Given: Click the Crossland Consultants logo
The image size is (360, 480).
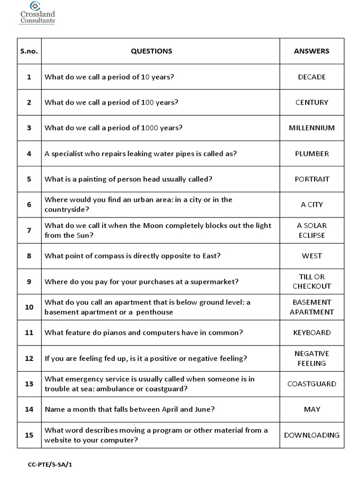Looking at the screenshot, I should coord(37,13).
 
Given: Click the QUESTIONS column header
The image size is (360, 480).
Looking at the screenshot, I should coord(151,51).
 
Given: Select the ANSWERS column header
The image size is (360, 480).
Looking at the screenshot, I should coord(312,51).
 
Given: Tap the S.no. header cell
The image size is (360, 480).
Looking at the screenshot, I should coord(29,51).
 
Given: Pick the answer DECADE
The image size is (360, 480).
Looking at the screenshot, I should coord(312,77).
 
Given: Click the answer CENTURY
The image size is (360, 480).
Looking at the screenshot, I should coord(312,102).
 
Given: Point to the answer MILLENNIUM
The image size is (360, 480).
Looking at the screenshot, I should coord(312,128).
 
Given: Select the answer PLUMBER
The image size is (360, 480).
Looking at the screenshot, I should coord(312,153).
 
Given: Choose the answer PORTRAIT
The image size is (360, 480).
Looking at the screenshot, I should coord(312,179).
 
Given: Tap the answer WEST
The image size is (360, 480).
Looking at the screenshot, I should coord(312,256).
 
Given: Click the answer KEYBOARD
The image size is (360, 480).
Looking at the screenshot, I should coord(312,333).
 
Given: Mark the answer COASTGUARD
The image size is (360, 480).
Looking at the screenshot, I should coord(312,384).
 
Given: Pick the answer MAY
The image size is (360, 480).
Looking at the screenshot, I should coord(312,409).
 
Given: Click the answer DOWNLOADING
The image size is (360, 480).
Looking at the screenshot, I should coord(312,435).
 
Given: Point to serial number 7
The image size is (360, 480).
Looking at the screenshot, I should coord(29,230).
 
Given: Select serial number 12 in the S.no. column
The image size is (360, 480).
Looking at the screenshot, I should coord(29,359).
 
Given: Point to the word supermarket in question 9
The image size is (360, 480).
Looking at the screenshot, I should coord(215,282).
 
